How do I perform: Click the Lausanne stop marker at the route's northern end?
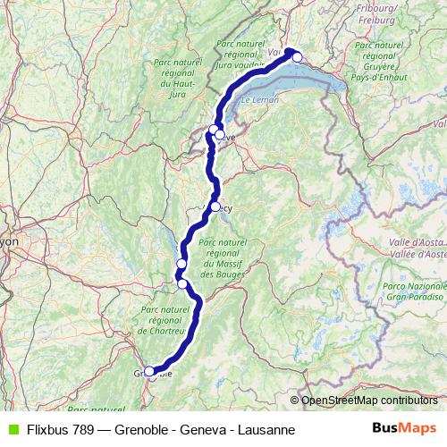click(x=298, y=57)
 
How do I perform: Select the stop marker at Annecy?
click(x=215, y=207)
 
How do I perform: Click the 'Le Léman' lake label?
click(x=258, y=100)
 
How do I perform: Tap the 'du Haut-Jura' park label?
click(x=178, y=84)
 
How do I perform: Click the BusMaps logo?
click(x=404, y=429)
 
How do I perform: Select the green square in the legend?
click(x=12, y=430)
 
